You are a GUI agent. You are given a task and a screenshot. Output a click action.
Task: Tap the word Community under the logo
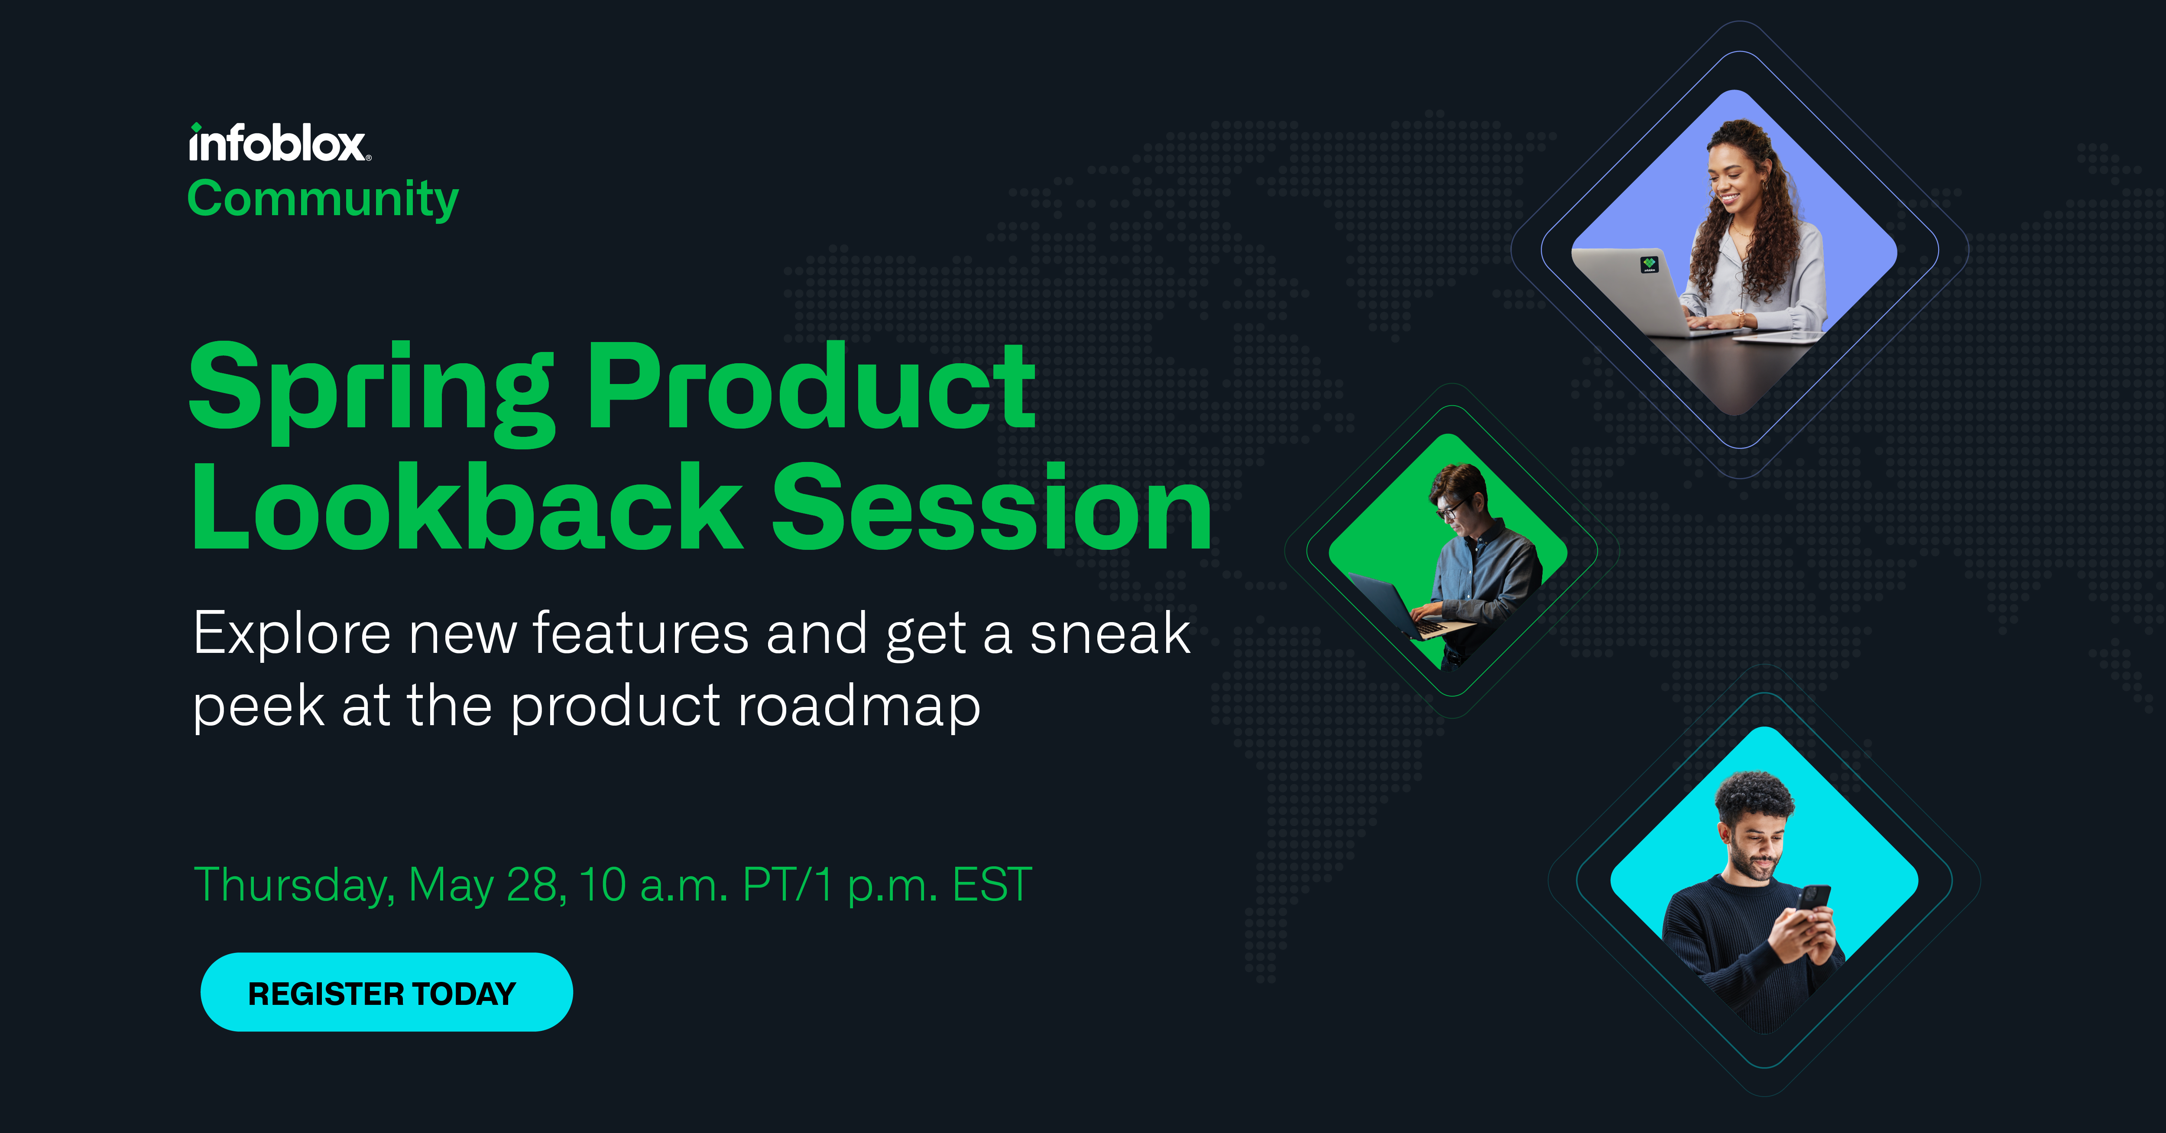(x=323, y=199)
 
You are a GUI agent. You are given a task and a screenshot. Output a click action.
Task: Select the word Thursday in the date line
(x=294, y=886)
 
